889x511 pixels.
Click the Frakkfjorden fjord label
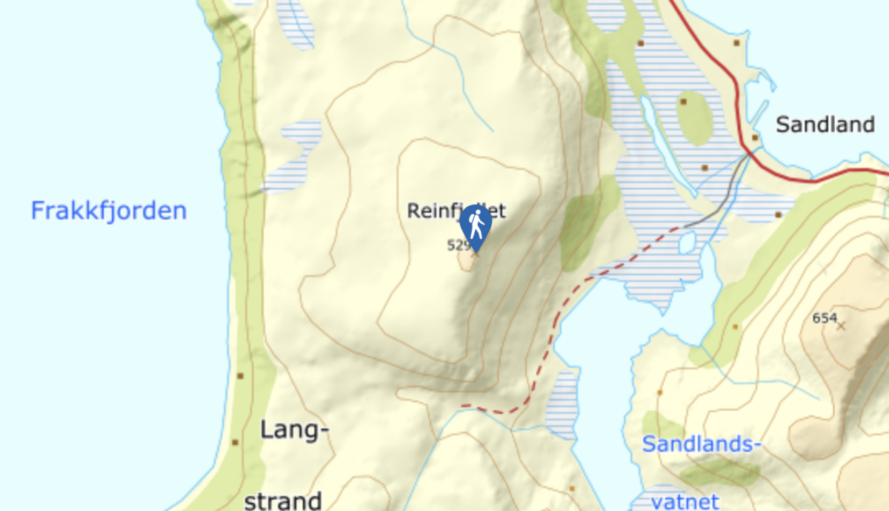pos(108,211)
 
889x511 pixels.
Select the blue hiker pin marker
pos(476,225)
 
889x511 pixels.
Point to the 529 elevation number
pos(458,244)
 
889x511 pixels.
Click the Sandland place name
pos(825,125)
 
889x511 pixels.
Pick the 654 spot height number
pos(824,318)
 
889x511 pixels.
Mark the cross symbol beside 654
pos(841,325)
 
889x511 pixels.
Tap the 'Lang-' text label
pos(294,429)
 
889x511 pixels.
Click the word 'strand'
pos(282,500)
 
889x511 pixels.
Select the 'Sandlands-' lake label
pos(702,444)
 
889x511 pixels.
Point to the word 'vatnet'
pos(685,501)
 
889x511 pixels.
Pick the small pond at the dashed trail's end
pos(687,242)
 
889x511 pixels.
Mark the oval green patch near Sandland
pos(693,118)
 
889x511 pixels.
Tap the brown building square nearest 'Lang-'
pos(236,442)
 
